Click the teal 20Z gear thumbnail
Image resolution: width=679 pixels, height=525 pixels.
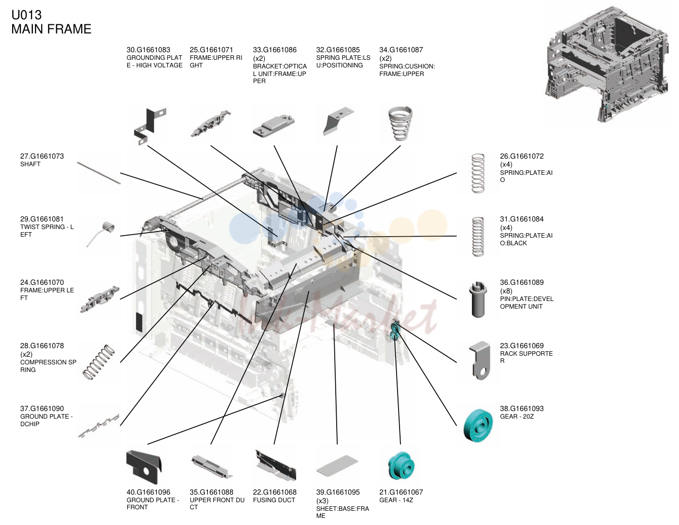click(478, 426)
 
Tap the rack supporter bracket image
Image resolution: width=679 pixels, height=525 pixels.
click(480, 360)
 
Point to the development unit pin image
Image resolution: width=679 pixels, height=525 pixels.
click(478, 299)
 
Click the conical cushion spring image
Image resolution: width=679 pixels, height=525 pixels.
click(400, 124)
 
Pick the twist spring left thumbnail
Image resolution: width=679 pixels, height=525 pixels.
click(100, 234)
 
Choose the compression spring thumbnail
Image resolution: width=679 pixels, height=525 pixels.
click(99, 362)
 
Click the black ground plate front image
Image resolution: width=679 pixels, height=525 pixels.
click(144, 467)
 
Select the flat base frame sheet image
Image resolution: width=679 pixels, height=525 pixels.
click(337, 466)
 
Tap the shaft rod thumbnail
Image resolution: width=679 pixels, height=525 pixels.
click(99, 173)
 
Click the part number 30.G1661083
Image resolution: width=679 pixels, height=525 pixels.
click(148, 50)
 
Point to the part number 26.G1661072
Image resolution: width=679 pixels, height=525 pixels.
click(521, 156)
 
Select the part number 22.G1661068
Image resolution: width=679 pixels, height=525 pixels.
click(275, 492)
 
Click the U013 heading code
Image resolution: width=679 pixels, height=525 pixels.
click(26, 15)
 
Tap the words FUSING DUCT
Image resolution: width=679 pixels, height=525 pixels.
click(274, 500)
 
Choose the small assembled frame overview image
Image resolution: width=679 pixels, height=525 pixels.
click(608, 64)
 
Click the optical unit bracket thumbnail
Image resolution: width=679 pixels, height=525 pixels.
click(274, 126)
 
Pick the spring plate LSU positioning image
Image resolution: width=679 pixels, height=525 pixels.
click(338, 122)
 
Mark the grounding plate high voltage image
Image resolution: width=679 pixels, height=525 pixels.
click(150, 126)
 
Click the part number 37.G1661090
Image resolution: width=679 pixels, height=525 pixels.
click(42, 408)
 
